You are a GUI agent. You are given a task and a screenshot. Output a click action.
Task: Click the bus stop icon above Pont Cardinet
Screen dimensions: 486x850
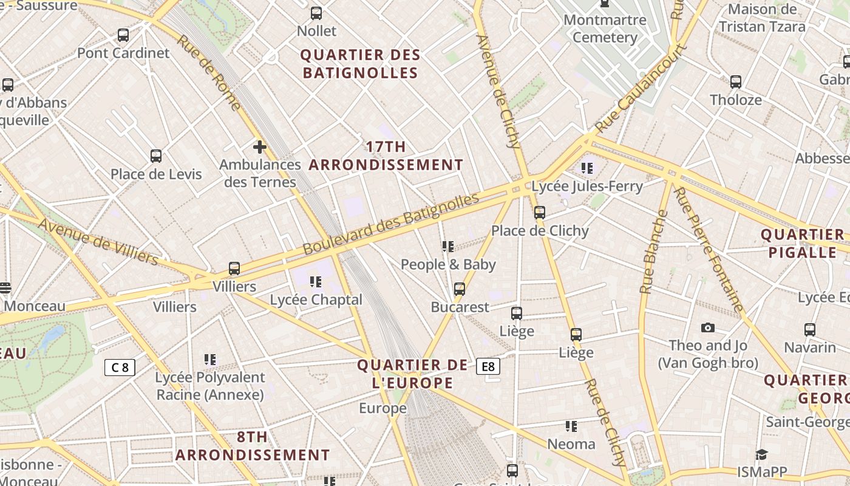click(123, 35)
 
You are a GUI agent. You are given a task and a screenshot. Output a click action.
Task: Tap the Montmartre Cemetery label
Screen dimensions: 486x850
click(605, 29)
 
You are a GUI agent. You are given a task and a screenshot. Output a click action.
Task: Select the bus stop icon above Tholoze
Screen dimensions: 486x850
click(736, 81)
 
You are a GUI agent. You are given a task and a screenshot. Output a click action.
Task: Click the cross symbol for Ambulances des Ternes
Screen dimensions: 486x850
click(260, 147)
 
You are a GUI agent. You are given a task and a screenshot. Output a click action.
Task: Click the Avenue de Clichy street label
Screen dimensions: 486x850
click(498, 91)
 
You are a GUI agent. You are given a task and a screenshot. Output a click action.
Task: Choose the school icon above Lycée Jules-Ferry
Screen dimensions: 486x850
click(586, 168)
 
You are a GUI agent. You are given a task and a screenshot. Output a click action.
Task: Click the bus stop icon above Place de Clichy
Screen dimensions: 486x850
click(540, 213)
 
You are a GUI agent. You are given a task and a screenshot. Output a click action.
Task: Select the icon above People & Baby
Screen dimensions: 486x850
click(448, 246)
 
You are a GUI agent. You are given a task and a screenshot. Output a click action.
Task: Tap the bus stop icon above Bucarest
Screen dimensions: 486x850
click(460, 289)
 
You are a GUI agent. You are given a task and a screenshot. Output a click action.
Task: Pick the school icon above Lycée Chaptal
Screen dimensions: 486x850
click(316, 281)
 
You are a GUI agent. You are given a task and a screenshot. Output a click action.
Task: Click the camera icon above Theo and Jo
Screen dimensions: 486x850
click(708, 328)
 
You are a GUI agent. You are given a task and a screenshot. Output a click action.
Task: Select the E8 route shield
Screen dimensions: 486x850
click(488, 366)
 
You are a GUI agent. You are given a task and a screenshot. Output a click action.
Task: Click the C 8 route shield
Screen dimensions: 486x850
click(120, 367)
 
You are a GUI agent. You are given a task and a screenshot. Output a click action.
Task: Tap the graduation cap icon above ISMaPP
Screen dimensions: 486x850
click(761, 454)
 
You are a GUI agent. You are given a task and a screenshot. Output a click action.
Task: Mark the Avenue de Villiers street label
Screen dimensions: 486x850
click(98, 241)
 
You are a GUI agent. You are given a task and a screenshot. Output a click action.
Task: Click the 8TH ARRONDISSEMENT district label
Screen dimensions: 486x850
click(253, 446)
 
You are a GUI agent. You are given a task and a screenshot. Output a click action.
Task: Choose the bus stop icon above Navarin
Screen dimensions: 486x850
click(810, 330)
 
